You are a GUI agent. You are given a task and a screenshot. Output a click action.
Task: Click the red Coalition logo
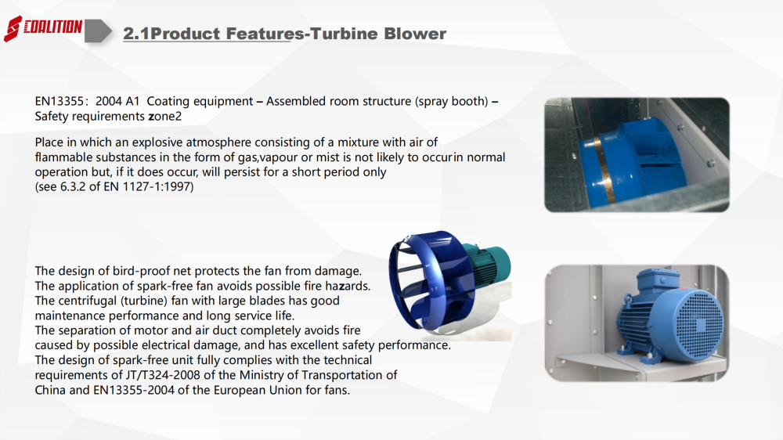(x=43, y=28)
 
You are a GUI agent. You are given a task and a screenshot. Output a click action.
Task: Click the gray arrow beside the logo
(x=98, y=31)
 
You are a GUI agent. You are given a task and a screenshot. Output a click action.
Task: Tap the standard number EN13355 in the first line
(x=59, y=101)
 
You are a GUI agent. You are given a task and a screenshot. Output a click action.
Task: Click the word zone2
(x=164, y=117)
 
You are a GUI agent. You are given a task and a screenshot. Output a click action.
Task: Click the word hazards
(x=348, y=287)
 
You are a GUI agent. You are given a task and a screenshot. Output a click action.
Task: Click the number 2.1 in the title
(x=136, y=34)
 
